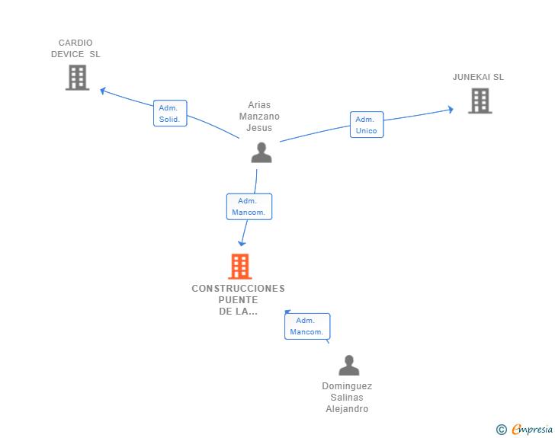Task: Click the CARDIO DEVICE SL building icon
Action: tap(77, 78)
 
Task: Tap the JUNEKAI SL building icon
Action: tap(480, 101)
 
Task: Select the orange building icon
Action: tap(240, 267)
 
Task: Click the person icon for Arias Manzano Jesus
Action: tap(261, 152)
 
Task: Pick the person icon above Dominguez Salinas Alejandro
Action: tap(349, 365)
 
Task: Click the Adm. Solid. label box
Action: tap(170, 113)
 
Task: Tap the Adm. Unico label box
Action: tap(367, 124)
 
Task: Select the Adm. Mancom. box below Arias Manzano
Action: tap(249, 206)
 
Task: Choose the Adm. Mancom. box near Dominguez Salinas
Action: tap(307, 326)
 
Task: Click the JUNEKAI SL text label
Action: tap(478, 77)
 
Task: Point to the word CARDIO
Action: tap(75, 43)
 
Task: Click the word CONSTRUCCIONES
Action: tap(238, 289)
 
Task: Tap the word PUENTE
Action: tap(238, 300)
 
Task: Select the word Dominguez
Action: tap(347, 386)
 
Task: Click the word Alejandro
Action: tap(347, 409)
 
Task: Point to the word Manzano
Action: tap(259, 117)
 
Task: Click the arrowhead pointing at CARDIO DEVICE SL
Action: tap(103, 91)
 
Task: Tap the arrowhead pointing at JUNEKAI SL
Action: tap(451, 110)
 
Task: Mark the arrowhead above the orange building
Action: tap(242, 244)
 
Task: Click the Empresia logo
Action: tap(525, 429)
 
